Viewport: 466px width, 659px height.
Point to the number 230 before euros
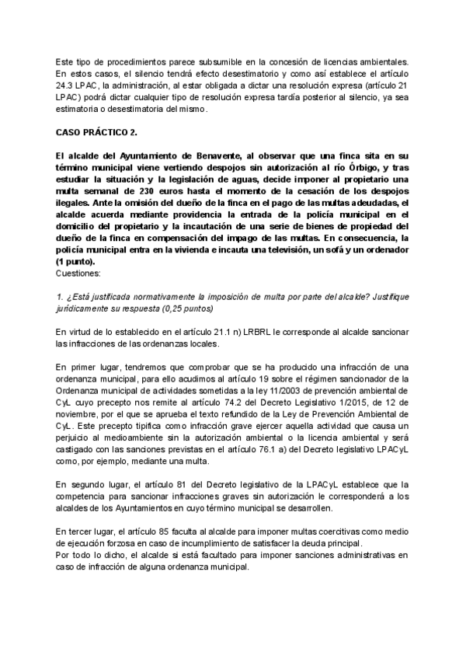145,190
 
